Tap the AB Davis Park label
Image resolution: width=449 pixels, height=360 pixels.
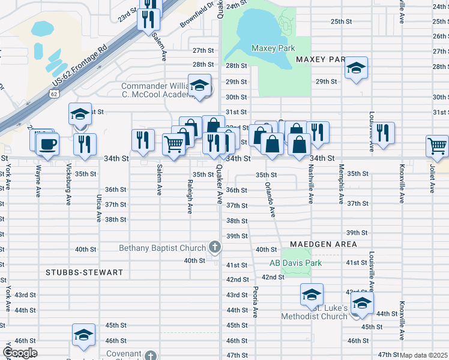coord(295,263)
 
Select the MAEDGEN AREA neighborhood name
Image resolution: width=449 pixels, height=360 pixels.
coord(323,244)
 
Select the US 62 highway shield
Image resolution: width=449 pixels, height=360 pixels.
coord(54,94)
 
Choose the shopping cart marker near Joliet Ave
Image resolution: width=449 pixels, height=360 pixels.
coord(438,145)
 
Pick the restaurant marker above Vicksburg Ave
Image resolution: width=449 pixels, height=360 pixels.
coord(85,145)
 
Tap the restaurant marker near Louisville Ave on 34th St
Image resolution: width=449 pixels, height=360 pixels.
coord(384,133)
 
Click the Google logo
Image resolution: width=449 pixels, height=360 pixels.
coord(19,353)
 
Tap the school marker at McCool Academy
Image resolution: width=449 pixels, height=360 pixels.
coord(199,86)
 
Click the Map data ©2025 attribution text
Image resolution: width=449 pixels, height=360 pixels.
coord(423,355)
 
